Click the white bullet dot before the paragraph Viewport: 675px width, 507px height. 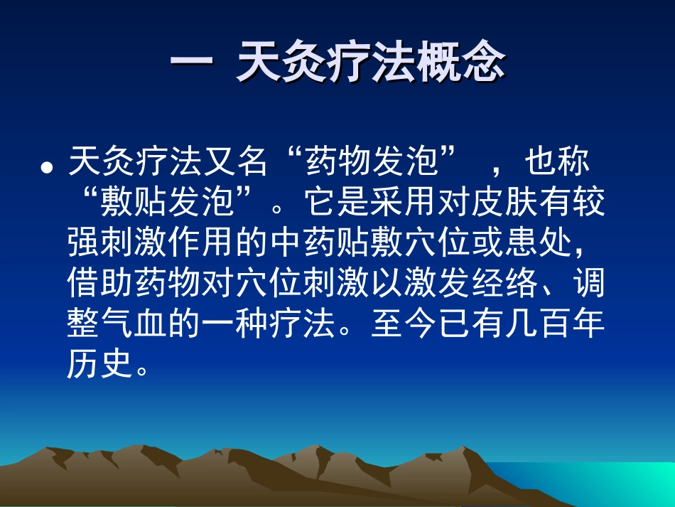pos(47,167)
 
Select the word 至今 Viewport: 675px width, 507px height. pos(401,324)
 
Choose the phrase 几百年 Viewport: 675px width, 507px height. pos(553,324)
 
